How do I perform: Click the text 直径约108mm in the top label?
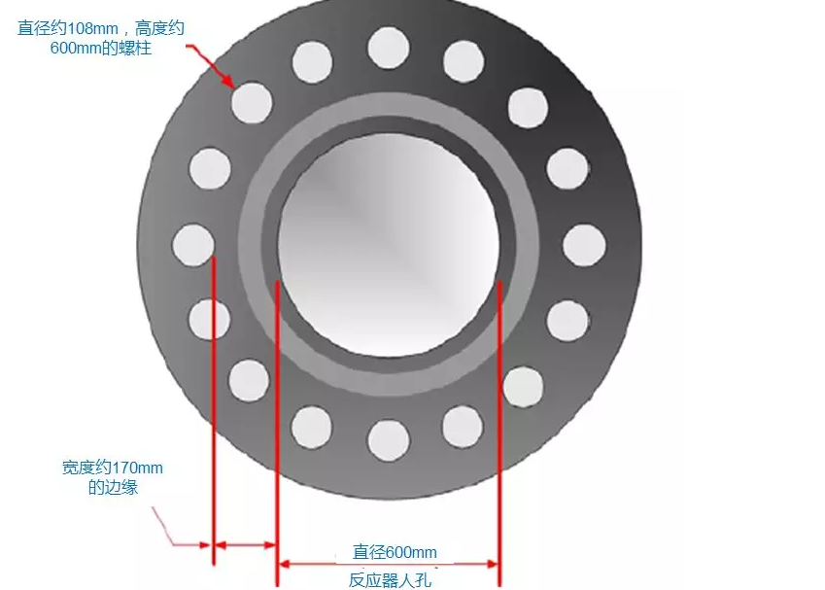[x=66, y=28]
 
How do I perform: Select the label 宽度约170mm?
[x=113, y=469]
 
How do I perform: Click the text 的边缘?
[x=113, y=487]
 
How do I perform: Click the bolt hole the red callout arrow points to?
[x=252, y=102]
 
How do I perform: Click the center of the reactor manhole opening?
[x=389, y=243]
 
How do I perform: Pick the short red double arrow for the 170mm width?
[x=245, y=545]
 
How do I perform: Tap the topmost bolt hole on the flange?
[x=389, y=48]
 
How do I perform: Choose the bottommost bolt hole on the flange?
[x=389, y=439]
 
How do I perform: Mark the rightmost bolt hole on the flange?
[x=585, y=245]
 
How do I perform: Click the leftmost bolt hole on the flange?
[x=192, y=245]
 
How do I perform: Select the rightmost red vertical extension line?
[x=498, y=428]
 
